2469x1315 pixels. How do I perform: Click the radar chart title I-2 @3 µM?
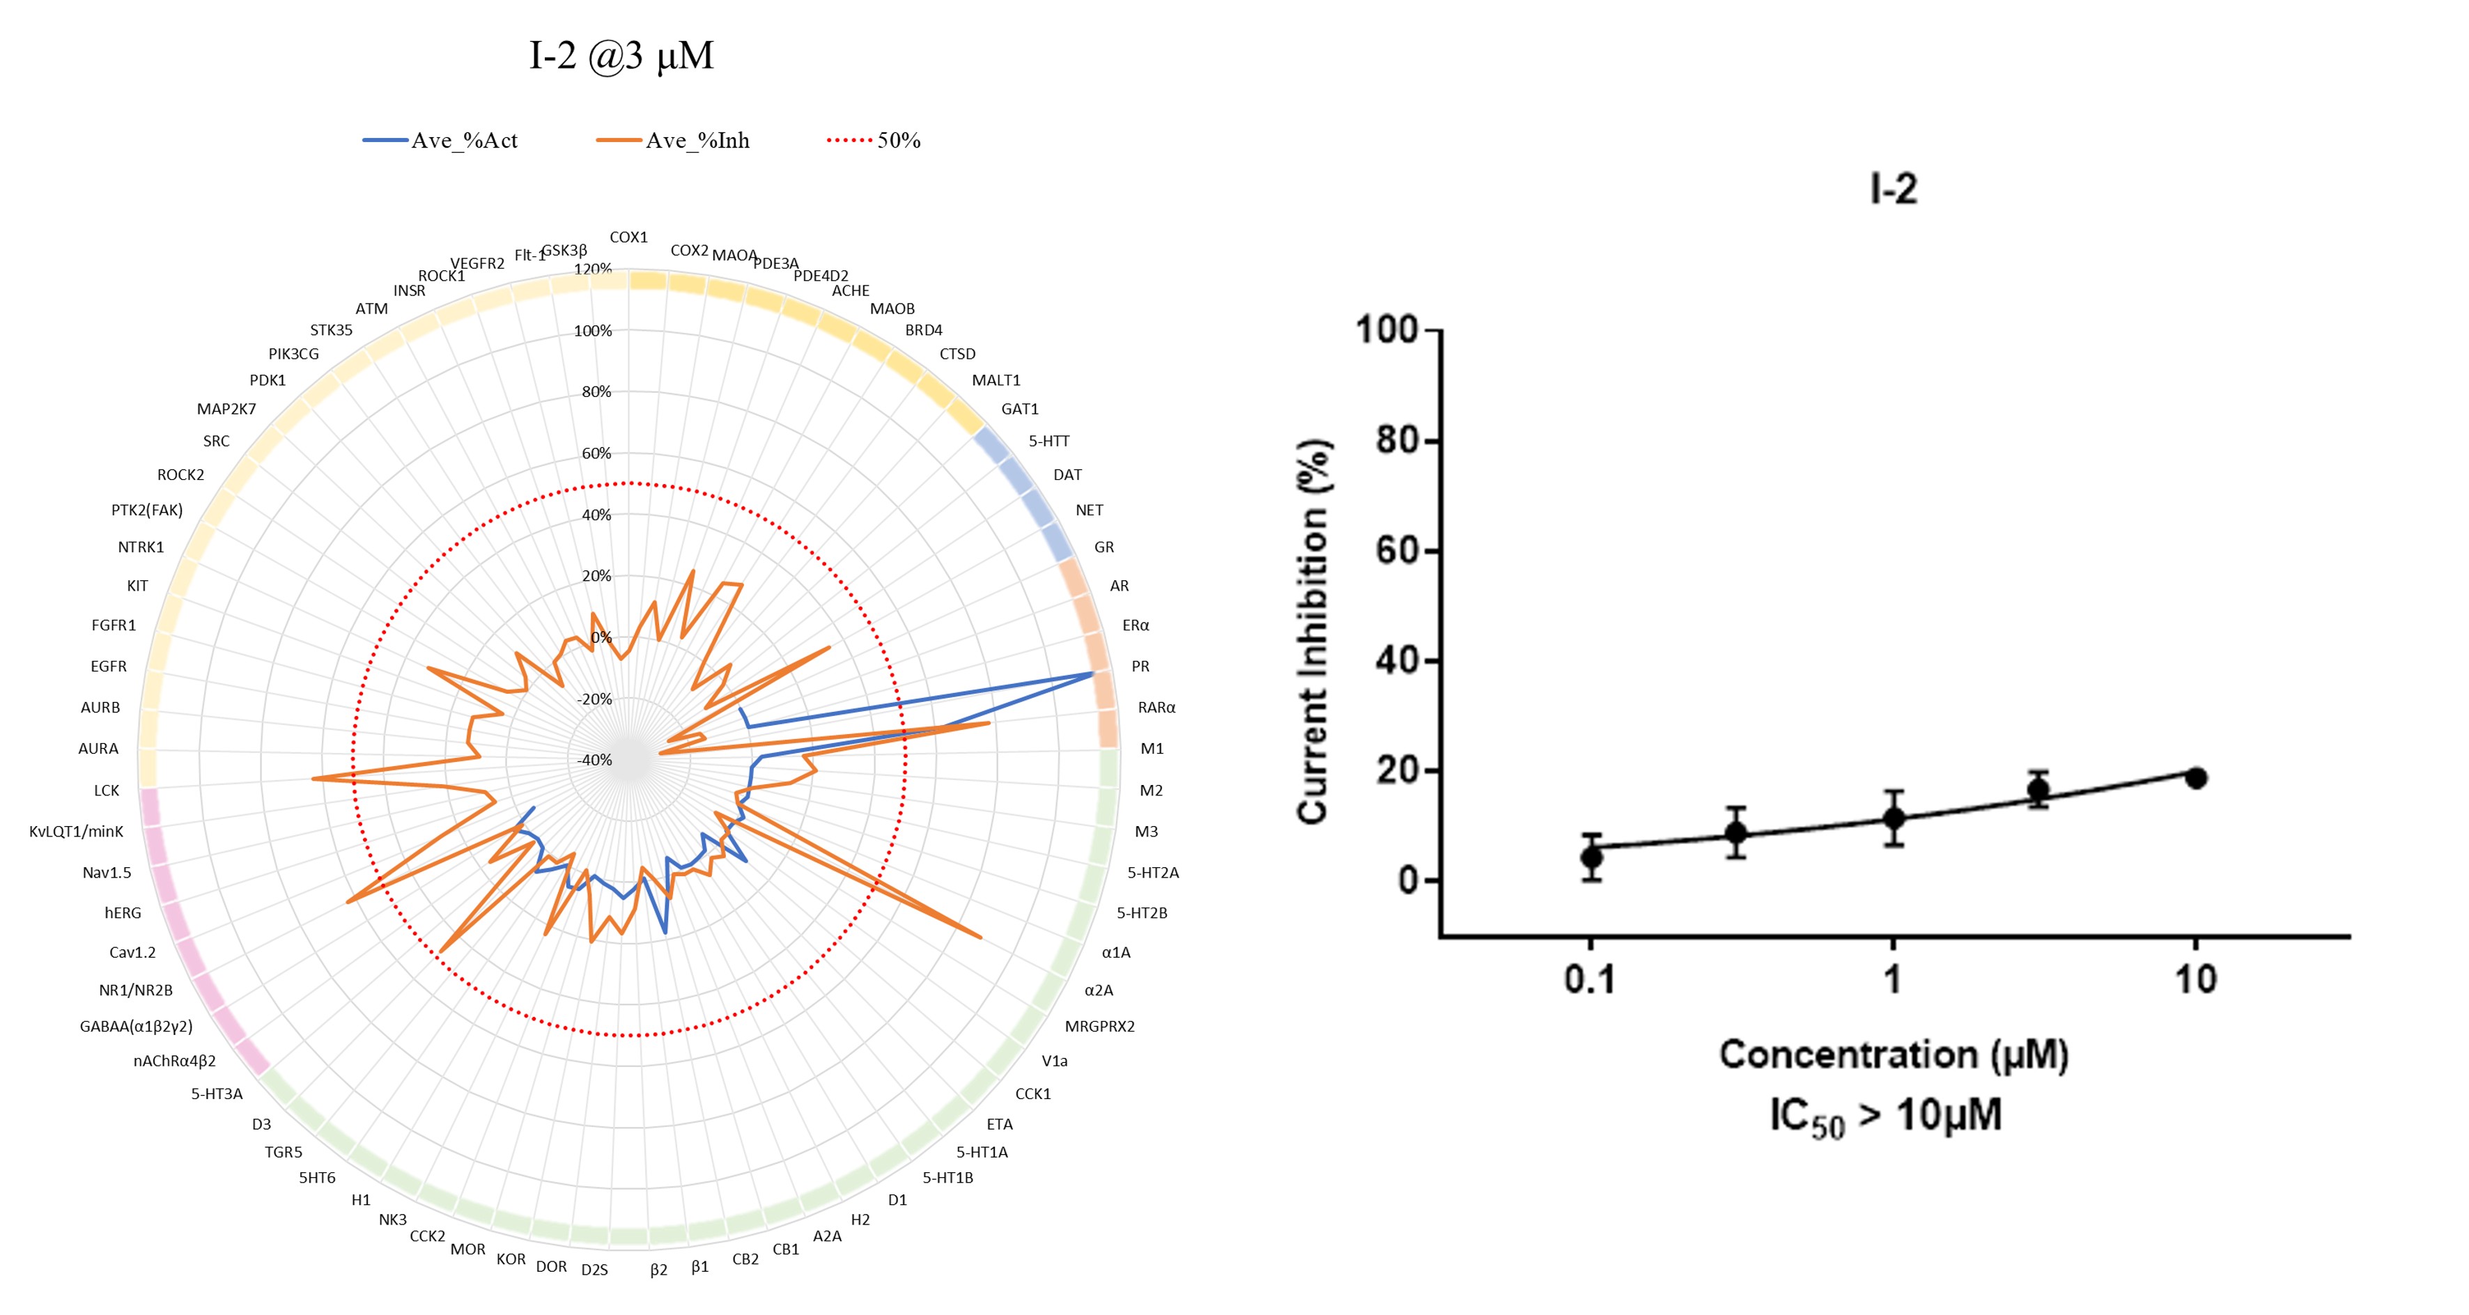click(621, 56)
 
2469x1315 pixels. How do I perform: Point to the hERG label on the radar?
click(123, 912)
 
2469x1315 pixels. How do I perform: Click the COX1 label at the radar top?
click(629, 237)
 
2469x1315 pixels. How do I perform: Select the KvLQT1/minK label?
click(76, 831)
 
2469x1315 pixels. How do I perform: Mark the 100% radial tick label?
click(592, 331)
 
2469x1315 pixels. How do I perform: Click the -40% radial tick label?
click(594, 760)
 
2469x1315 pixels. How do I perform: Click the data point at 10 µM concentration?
click(2196, 778)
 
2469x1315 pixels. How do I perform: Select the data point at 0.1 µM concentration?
click(1591, 856)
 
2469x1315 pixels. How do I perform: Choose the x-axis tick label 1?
click(1892, 979)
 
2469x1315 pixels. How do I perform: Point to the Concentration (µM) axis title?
click(1893, 1055)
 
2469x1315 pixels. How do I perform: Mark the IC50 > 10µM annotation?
click(1885, 1116)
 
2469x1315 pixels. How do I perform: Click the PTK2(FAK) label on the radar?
click(146, 510)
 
